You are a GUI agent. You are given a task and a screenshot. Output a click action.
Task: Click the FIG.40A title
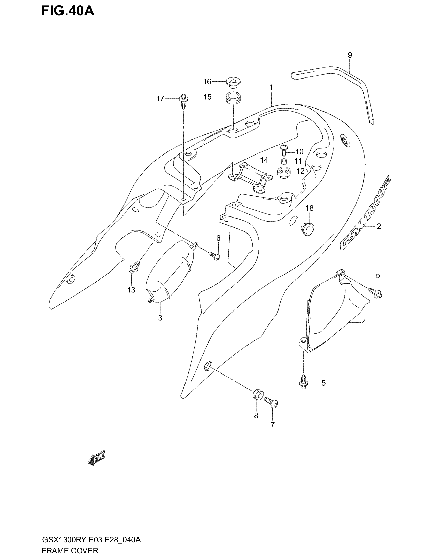click(x=68, y=11)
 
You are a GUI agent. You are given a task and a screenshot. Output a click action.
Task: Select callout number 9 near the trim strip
click(x=350, y=55)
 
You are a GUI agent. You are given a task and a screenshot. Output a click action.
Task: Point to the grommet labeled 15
click(x=233, y=99)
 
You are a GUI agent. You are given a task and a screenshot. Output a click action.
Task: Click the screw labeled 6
click(x=215, y=256)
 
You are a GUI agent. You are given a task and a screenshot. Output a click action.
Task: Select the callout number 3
click(x=160, y=318)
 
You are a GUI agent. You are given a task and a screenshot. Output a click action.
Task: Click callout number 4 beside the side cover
click(x=364, y=322)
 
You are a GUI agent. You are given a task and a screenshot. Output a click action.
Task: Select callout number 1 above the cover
click(x=271, y=88)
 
